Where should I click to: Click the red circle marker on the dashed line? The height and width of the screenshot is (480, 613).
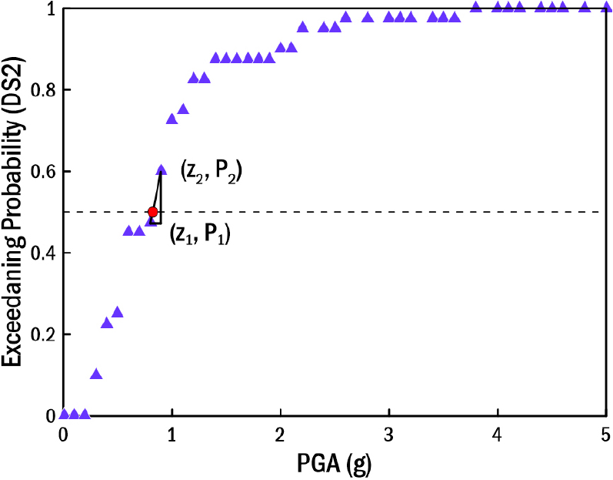(153, 212)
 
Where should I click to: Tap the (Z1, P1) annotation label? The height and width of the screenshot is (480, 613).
(200, 233)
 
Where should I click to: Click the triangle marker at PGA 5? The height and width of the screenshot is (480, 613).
(607, 7)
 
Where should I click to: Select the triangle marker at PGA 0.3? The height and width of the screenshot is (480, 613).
(96, 374)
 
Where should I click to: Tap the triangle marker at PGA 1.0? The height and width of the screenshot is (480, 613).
(172, 119)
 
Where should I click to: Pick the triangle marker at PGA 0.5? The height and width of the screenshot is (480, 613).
(118, 312)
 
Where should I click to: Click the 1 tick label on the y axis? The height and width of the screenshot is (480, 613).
(51, 9)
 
